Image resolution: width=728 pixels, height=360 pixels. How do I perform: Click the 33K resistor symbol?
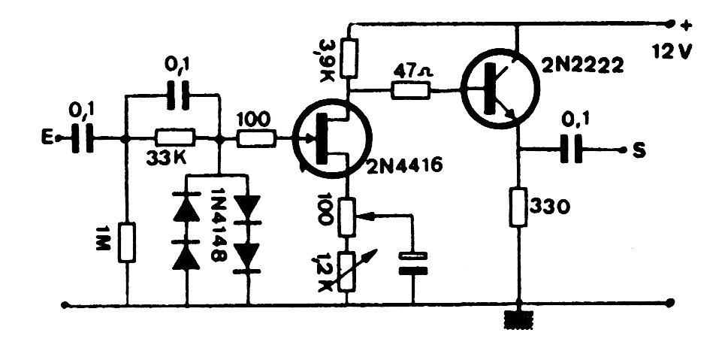tap(175, 138)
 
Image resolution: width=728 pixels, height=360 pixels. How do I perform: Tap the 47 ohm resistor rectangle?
tap(410, 91)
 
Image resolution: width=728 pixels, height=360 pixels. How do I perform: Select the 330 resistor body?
tap(518, 207)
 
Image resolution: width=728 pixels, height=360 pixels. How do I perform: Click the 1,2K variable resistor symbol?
tap(349, 271)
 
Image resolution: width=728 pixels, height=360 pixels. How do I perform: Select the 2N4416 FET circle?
tap(331, 139)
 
